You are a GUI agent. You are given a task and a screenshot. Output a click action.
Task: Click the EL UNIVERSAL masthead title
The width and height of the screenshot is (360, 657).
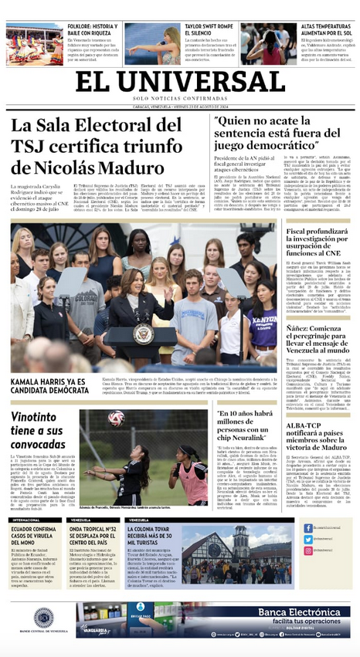179,81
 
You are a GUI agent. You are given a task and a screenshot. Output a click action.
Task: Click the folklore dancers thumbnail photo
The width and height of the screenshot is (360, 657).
28,44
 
